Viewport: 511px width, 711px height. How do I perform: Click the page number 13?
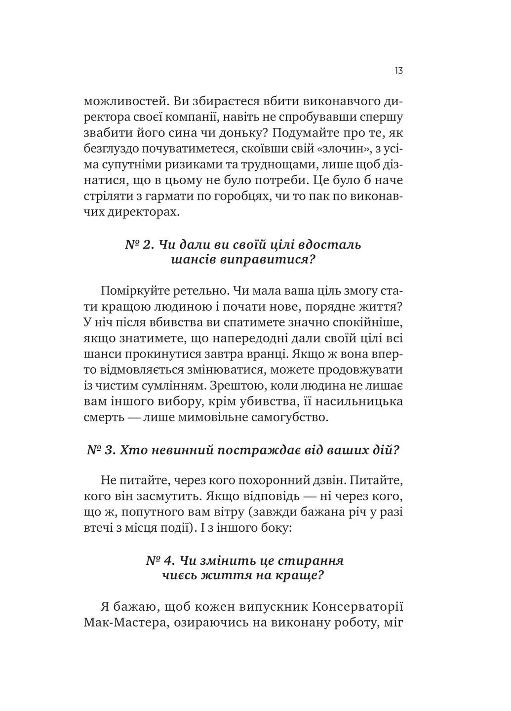point(398,71)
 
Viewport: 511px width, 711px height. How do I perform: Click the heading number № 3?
point(101,450)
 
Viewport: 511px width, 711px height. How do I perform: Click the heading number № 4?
point(159,560)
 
